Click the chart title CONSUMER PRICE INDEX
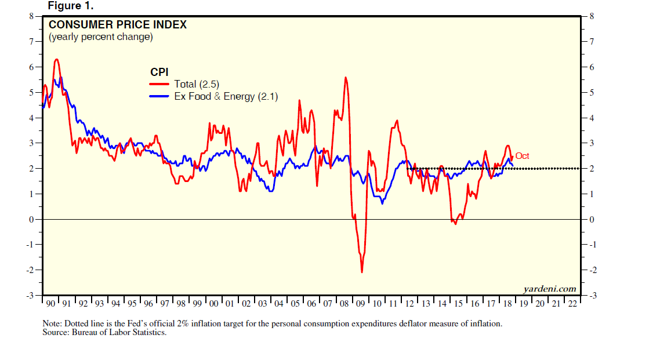click(x=117, y=25)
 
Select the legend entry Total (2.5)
click(x=197, y=84)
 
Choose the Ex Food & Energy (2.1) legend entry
click(x=226, y=97)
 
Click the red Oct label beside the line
click(x=522, y=156)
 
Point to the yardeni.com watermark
click(x=549, y=289)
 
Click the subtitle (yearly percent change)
click(x=100, y=37)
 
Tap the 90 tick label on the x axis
click(x=50, y=304)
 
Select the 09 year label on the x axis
click(x=361, y=304)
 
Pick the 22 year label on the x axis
click(x=572, y=304)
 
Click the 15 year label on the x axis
click(x=458, y=304)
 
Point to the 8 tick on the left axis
click(x=32, y=16)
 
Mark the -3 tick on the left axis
click(x=30, y=296)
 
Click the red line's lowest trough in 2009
click(x=362, y=272)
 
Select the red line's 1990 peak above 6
click(x=56, y=60)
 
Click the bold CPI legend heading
click(x=159, y=72)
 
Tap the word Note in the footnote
click(x=51, y=324)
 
